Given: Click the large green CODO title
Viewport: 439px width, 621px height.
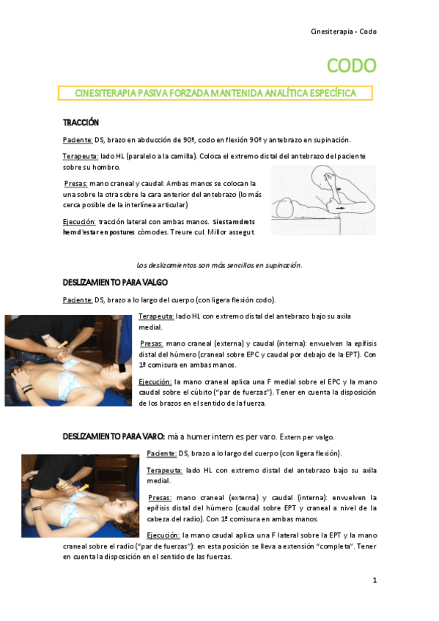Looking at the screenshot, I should (351, 66).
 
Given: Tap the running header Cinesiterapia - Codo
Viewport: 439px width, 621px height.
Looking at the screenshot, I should (344, 31).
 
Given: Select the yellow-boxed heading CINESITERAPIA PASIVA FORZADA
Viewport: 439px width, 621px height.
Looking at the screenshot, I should (215, 93).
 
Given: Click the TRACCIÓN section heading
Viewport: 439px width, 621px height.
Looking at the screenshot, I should (81, 122).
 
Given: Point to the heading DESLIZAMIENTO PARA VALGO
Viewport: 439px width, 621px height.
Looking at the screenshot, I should (115, 282).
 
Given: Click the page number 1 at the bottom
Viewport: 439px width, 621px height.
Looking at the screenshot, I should (374, 581).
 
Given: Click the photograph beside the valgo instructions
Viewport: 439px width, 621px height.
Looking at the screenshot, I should (70, 360).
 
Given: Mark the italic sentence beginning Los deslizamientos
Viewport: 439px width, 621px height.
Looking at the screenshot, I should (219, 265).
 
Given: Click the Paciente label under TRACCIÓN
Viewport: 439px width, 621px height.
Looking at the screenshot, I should (78, 139).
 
